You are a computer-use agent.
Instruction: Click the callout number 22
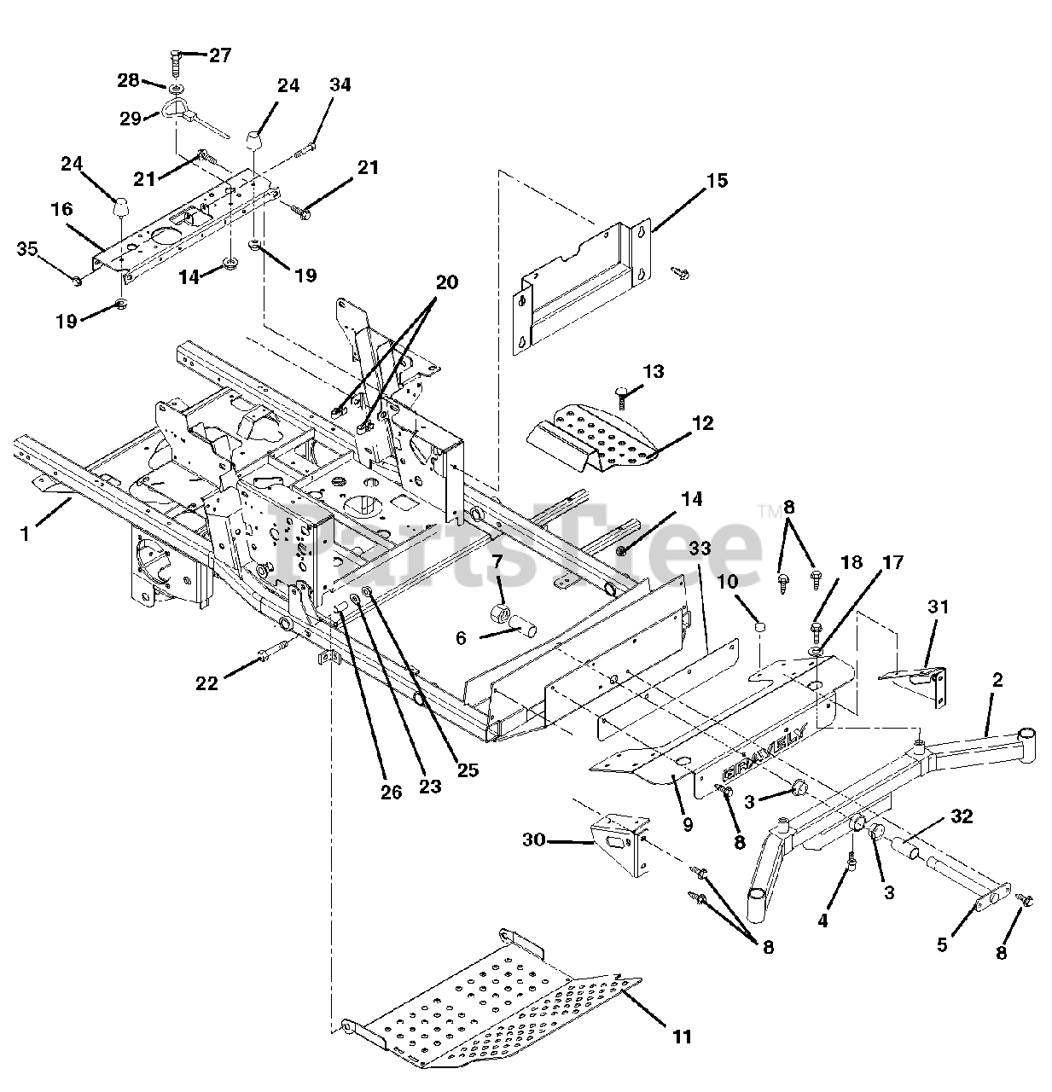click(207, 682)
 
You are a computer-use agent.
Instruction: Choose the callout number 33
click(700, 549)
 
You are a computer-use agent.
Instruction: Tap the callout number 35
click(27, 249)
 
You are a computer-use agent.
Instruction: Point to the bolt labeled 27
click(175, 62)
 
